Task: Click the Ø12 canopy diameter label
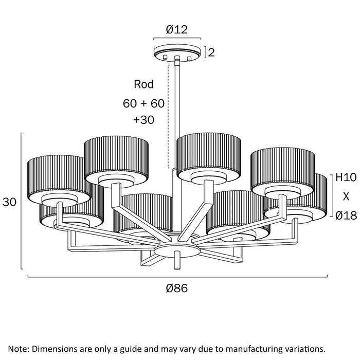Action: tap(176, 30)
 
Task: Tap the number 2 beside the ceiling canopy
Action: tap(211, 51)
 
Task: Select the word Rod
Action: tap(143, 84)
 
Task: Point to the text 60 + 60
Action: tap(143, 103)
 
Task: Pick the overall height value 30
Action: tap(9, 202)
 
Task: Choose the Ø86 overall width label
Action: tap(176, 289)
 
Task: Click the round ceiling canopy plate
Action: tap(176, 53)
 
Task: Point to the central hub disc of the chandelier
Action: tap(176, 249)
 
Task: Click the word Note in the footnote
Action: tap(19, 349)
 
